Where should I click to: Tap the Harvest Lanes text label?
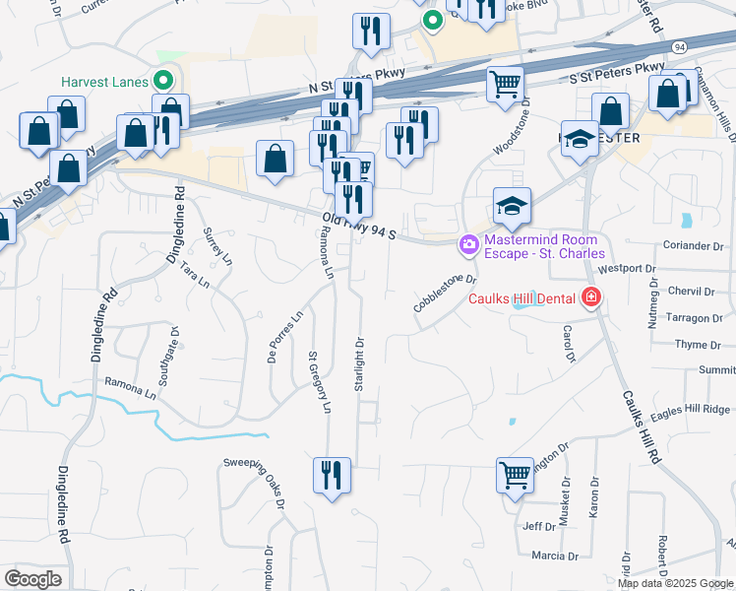tap(103, 82)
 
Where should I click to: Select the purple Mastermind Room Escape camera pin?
tap(468, 243)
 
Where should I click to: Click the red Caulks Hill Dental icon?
tap(590, 296)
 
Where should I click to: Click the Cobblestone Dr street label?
tap(445, 294)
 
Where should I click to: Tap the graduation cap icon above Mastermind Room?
tap(512, 206)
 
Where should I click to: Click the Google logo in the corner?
tap(32, 578)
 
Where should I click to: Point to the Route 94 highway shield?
tap(680, 46)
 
